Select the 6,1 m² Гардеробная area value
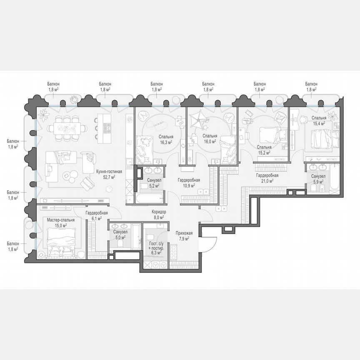(97, 218)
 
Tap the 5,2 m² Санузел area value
(154, 185)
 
